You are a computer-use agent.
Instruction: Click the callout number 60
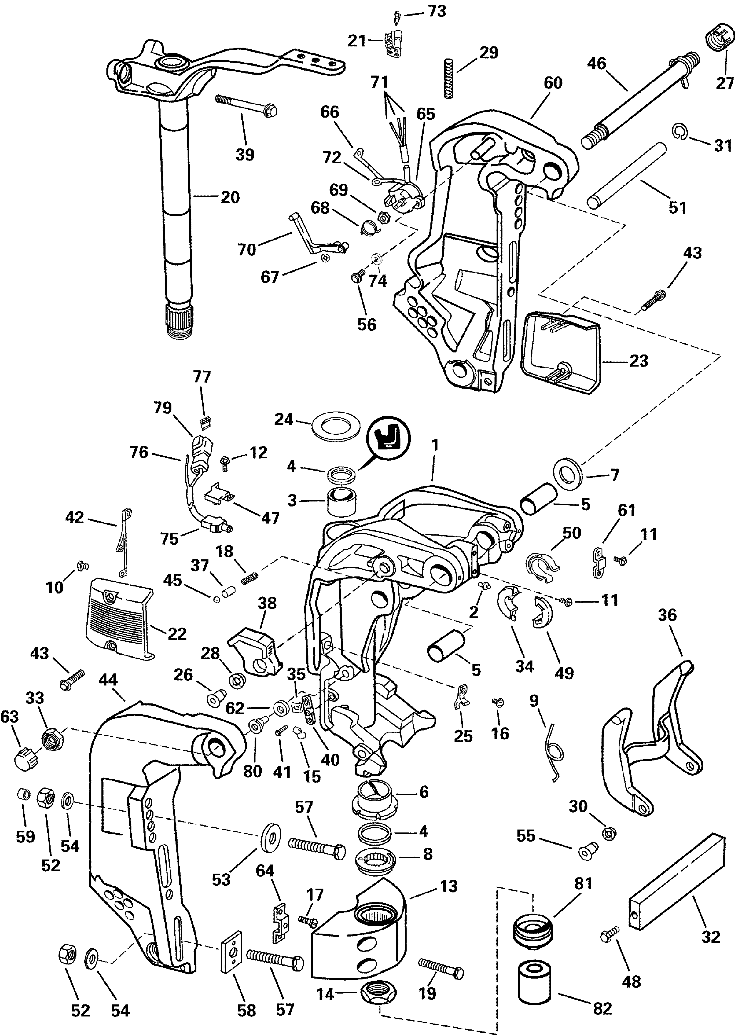click(x=553, y=83)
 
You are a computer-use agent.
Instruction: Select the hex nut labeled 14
click(x=378, y=994)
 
